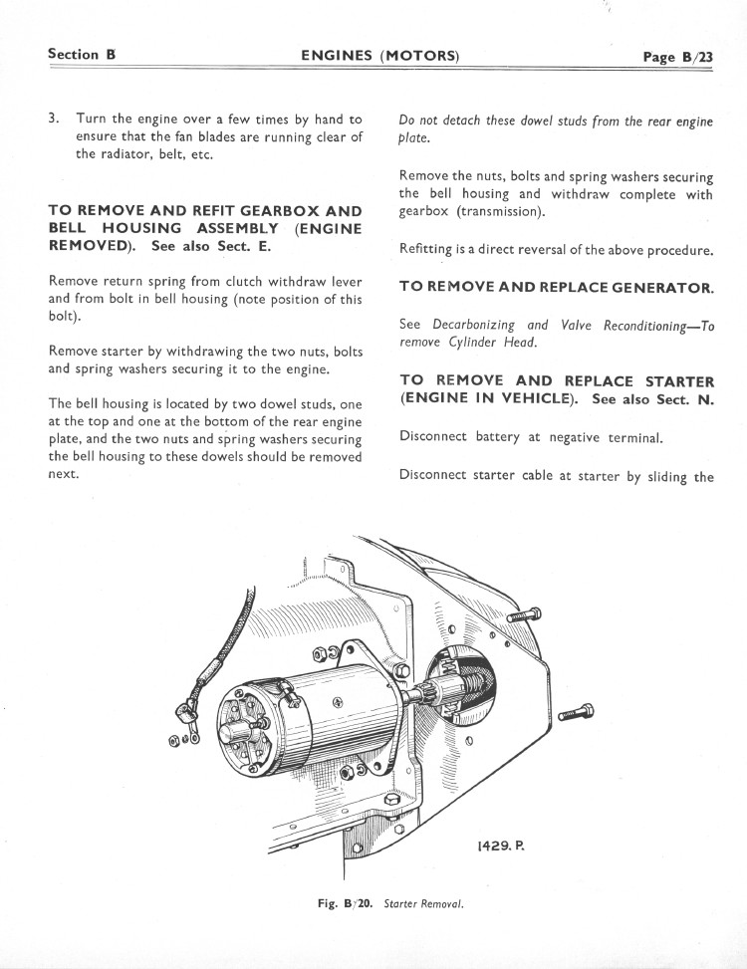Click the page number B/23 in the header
pyautogui.click(x=678, y=57)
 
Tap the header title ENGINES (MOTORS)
pyautogui.click(x=379, y=56)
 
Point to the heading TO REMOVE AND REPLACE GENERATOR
pyautogui.click(x=556, y=287)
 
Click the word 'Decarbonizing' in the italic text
pyautogui.click(x=474, y=325)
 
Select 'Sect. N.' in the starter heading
pyautogui.click(x=682, y=399)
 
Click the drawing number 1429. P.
pyautogui.click(x=500, y=846)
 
